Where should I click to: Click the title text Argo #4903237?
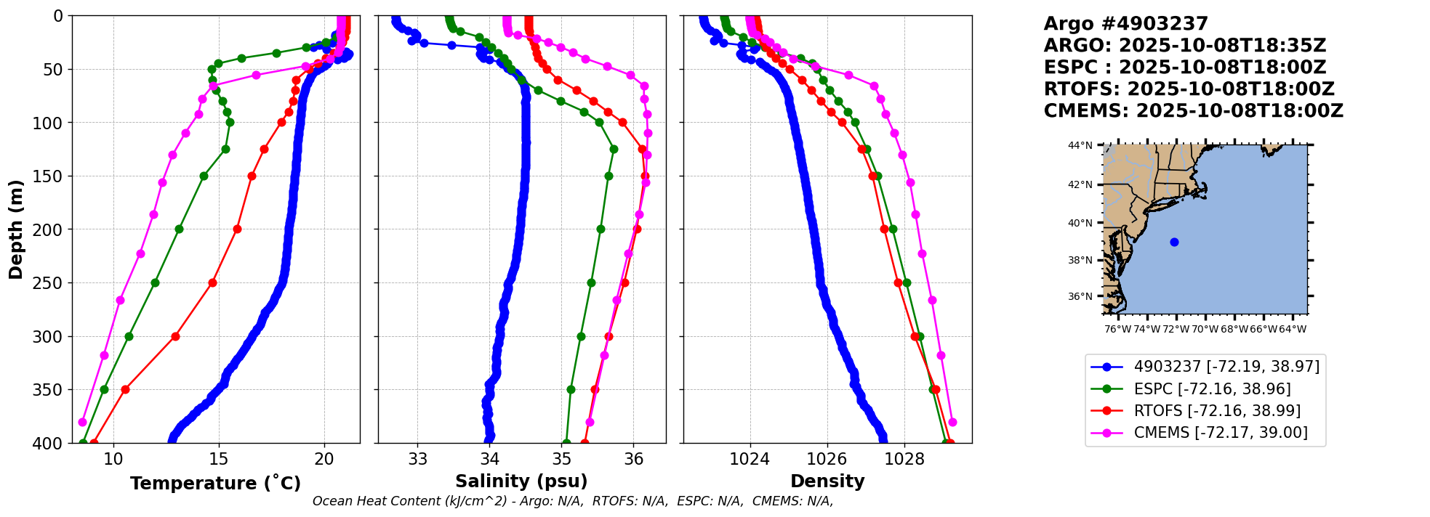1125,24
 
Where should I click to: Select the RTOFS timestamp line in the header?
1189,89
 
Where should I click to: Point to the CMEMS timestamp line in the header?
1193,111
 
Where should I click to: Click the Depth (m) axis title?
16,229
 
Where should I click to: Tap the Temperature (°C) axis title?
215,483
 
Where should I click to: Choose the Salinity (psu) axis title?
521,481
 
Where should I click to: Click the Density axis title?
827,481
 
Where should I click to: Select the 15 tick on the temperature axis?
219,459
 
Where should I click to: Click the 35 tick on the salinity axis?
562,459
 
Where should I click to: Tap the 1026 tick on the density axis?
827,459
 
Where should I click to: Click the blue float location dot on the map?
1174,242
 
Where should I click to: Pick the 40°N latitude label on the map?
1080,223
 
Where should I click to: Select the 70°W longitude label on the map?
1205,329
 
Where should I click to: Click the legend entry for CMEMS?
1220,433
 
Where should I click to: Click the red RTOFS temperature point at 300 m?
175,336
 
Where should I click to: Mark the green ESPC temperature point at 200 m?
179,229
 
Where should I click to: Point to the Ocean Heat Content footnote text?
573,501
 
